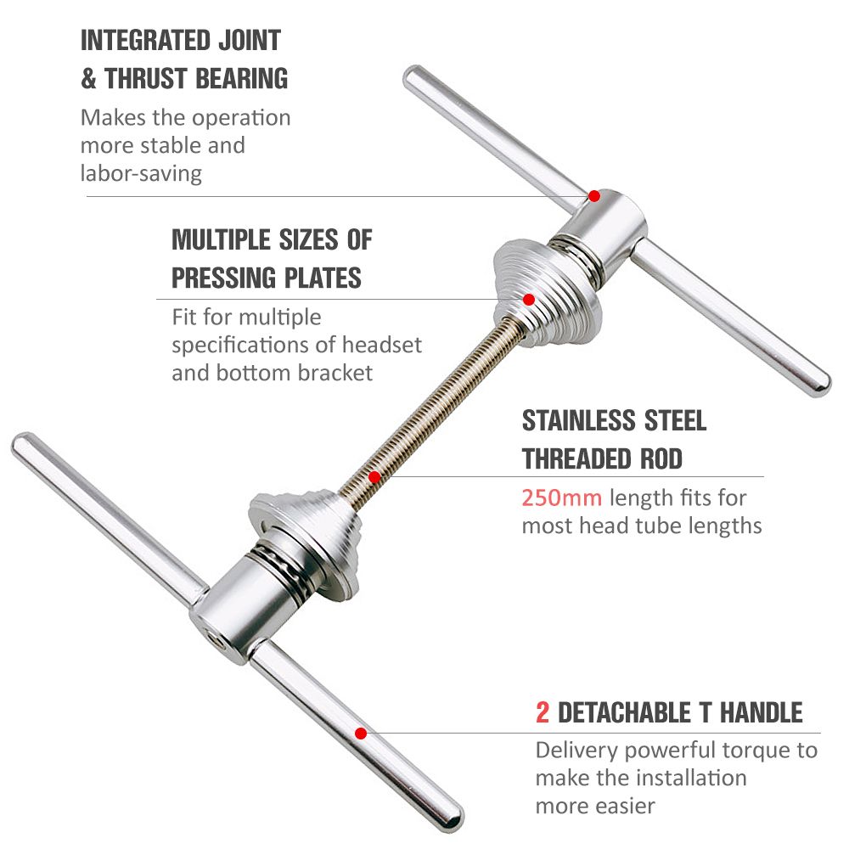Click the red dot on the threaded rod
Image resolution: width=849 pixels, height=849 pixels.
[374, 477]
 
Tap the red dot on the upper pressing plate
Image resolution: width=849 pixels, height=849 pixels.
[529, 300]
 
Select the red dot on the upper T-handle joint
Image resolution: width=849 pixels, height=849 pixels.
[594, 196]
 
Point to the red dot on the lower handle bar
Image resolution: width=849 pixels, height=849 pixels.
[361, 734]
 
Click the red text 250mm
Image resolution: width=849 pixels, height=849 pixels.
[561, 498]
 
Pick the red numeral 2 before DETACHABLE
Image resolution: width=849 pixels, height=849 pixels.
[542, 712]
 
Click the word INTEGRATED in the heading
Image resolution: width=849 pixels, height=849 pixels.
[146, 41]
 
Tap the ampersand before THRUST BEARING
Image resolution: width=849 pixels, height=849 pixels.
[88, 78]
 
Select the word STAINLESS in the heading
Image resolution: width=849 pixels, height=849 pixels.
[578, 421]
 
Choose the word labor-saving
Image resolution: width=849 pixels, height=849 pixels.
[141, 174]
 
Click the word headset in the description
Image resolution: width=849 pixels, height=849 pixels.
[382, 345]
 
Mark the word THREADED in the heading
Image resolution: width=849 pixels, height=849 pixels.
[576, 458]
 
